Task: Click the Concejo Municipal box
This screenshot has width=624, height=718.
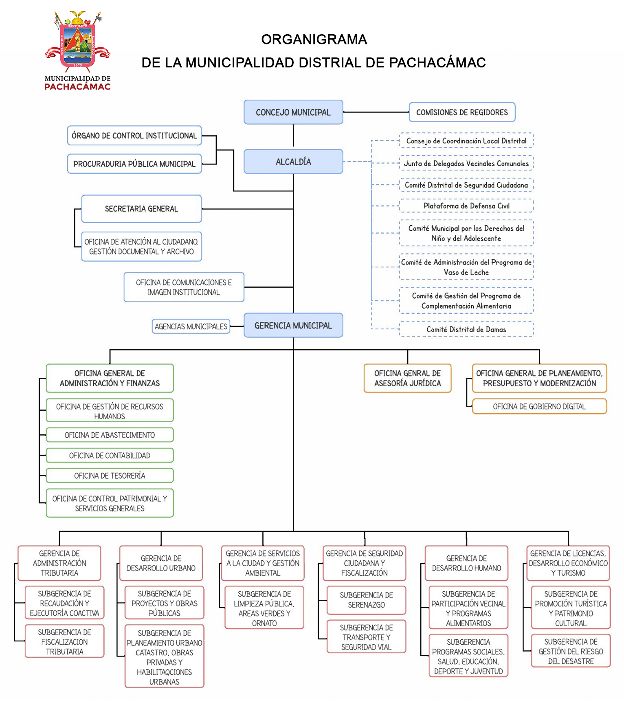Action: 293,112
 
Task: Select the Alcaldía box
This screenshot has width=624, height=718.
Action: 293,162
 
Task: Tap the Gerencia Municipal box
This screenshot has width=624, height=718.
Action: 293,325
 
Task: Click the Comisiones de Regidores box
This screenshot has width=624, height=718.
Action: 462,112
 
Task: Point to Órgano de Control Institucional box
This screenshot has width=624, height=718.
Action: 134,136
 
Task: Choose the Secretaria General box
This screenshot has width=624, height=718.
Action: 141,209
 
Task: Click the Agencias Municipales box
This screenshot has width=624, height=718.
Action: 191,326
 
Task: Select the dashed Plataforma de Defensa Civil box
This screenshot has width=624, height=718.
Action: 466,206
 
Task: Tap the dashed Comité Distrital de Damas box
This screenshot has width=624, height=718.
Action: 466,329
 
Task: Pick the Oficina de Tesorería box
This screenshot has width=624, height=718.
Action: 110,476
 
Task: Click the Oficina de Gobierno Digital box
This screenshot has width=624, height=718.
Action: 539,406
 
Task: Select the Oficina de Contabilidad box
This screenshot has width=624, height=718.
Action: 110,455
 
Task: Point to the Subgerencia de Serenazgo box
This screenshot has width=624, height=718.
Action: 366,600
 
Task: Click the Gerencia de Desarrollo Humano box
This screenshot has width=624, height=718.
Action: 466,563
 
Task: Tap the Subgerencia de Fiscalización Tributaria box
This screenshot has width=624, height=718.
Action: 64,641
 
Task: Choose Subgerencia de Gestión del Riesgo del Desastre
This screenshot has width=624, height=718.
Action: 571,651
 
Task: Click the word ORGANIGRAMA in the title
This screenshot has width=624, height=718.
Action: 314,40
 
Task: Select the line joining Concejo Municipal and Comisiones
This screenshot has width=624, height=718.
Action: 376,112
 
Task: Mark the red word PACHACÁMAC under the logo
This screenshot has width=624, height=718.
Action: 77,86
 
